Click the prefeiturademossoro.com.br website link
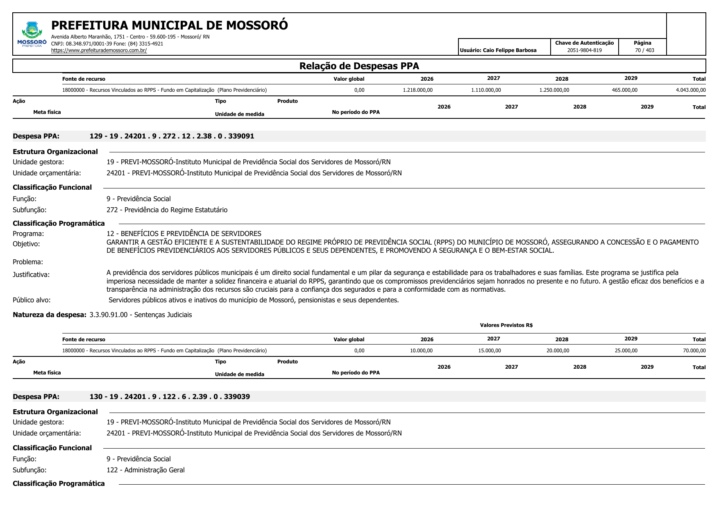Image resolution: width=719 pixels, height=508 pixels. tap(99, 50)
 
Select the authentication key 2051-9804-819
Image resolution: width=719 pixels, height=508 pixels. tap(584, 50)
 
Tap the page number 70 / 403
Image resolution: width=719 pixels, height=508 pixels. tap(644, 50)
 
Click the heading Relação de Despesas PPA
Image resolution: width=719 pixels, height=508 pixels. tap(359, 66)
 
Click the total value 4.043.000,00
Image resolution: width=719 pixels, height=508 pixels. tap(690, 90)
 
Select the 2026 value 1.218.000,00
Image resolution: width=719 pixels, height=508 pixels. tap(417, 90)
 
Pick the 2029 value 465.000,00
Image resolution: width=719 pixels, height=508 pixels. tap(624, 90)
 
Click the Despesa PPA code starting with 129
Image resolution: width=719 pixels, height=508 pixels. tap(172, 136)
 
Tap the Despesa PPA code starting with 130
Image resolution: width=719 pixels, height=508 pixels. tap(170, 397)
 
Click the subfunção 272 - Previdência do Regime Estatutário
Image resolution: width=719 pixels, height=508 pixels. tap(167, 210)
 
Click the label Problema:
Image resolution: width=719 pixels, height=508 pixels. tap(28, 262)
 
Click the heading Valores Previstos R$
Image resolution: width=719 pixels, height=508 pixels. tap(506, 325)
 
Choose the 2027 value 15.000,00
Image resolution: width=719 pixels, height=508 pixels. tap(489, 351)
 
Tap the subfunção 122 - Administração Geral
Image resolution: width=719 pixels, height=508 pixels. tap(145, 470)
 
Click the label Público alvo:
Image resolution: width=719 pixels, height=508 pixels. tap(32, 300)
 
